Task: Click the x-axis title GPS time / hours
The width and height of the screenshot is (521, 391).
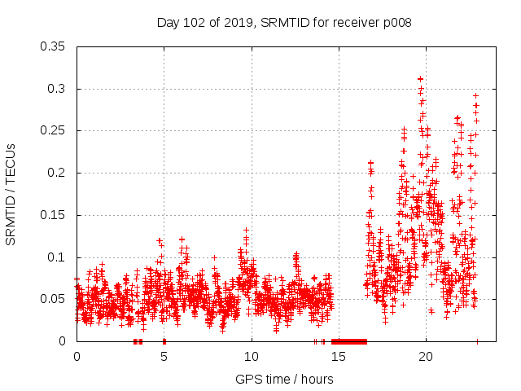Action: (x=284, y=379)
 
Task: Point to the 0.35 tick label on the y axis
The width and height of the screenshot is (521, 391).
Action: (x=55, y=46)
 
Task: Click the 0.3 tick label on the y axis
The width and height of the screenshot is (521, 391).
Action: (x=59, y=89)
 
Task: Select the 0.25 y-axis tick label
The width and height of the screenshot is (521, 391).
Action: (x=55, y=130)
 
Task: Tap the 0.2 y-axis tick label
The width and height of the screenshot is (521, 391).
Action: (x=59, y=173)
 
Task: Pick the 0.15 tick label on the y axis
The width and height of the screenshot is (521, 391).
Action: (x=55, y=215)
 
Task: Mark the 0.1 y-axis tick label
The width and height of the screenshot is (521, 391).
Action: (x=59, y=257)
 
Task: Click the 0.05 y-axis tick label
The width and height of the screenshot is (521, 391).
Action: (x=55, y=299)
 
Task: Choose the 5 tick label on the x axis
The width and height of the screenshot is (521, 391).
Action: (x=164, y=357)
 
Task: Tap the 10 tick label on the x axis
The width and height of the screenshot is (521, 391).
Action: (x=252, y=357)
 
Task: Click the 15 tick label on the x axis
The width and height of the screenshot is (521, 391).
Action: (x=339, y=357)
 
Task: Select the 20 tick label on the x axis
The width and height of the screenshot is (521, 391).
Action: (x=427, y=357)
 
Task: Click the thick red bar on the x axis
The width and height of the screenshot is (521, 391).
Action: (x=349, y=341)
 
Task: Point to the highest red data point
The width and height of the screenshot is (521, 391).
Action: (x=420, y=79)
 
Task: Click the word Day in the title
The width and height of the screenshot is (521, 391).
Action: (x=168, y=23)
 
